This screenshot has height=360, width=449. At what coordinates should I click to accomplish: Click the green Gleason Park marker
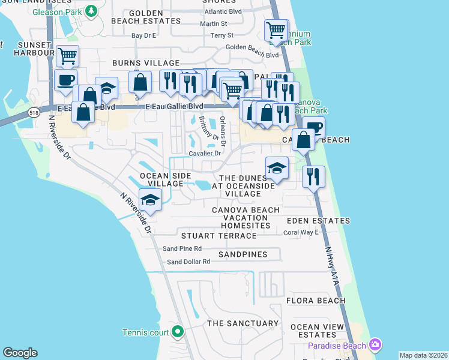pyautogui.click(x=91, y=10)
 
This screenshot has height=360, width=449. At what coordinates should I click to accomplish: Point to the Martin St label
pyautogui.click(x=214, y=23)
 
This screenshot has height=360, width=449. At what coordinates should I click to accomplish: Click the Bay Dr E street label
pyautogui.click(x=143, y=35)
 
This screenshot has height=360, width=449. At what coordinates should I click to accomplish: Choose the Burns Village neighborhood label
pyautogui.click(x=146, y=63)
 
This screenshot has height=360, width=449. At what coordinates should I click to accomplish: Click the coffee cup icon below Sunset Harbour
pyautogui.click(x=65, y=80)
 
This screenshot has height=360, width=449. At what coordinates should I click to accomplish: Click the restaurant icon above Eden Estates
pyautogui.click(x=313, y=176)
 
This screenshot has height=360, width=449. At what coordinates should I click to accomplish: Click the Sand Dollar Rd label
pyautogui.click(x=188, y=262)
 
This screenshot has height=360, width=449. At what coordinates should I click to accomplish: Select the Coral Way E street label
pyautogui.click(x=301, y=232)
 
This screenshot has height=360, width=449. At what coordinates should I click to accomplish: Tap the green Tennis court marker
pyautogui.click(x=178, y=331)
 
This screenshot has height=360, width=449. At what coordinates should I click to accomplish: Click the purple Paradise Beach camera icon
pyautogui.click(x=375, y=344)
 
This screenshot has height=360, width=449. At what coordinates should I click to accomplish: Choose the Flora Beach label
pyautogui.click(x=315, y=301)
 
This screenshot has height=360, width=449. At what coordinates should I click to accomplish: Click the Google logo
pyautogui.click(x=20, y=353)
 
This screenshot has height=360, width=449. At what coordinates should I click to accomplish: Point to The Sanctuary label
pyautogui.click(x=243, y=323)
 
